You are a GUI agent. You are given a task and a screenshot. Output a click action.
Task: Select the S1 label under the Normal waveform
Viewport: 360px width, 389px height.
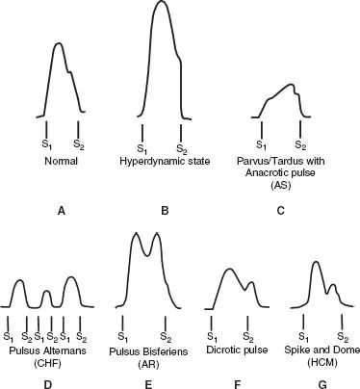click(45, 145)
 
